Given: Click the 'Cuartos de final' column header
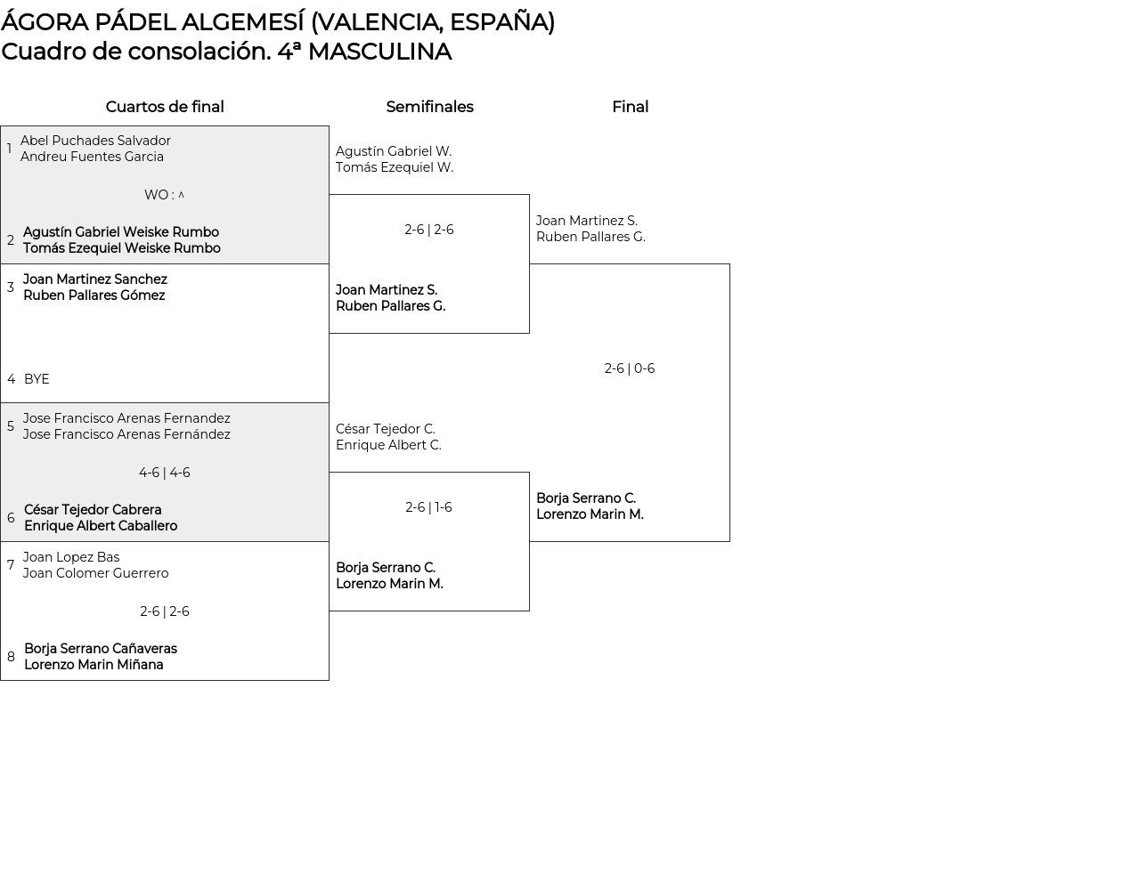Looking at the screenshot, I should point(164,107).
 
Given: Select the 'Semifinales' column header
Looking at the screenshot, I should point(429,107).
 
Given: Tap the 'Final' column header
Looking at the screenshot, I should point(630,107).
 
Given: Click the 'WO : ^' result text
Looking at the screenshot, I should point(164,195).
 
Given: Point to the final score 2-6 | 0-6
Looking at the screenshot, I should point(629,368).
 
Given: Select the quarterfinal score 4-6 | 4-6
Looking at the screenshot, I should point(164,473).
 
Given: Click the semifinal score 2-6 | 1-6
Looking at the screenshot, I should point(428,507).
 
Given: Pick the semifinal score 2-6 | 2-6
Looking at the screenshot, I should point(428,230).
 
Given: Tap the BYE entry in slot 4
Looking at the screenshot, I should point(37,379).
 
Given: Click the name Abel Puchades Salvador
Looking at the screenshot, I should point(95,141).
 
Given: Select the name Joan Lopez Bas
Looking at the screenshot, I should point(71,557).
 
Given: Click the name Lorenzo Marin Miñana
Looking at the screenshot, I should point(94,665).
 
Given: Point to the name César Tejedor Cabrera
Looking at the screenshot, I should point(93,510).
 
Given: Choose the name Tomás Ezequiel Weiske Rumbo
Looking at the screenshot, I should point(122,248).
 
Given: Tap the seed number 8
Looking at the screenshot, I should point(11,657).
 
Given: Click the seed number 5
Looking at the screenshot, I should point(11,426).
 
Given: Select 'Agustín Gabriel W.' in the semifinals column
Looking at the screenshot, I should point(394,151).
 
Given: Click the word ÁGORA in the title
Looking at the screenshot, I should point(45,22).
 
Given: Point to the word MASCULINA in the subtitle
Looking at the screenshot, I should point(379,52).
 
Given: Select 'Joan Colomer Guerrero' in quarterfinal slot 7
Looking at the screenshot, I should point(95,573).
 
